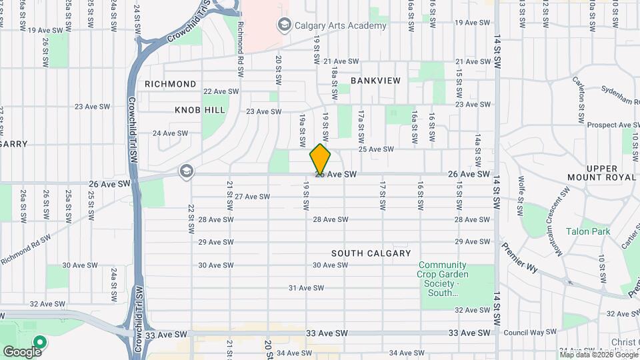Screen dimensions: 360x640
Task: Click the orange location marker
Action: pyautogui.click(x=321, y=159)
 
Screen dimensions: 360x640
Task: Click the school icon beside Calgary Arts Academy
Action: pyautogui.click(x=285, y=25)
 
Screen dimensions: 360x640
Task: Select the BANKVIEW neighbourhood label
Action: pyautogui.click(x=376, y=81)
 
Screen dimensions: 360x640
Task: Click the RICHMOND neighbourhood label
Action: pyautogui.click(x=171, y=84)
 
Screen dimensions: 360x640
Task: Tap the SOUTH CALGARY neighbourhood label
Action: pyautogui.click(x=371, y=253)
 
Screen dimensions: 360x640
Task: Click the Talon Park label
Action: pyautogui.click(x=588, y=231)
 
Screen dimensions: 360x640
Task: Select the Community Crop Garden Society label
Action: pyautogui.click(x=443, y=279)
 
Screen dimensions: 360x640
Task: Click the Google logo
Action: pyautogui.click(x=22, y=351)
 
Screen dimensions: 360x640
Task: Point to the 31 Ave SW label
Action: pyautogui.click(x=306, y=288)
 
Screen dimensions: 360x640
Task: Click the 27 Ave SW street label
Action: pyautogui.click(x=252, y=197)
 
